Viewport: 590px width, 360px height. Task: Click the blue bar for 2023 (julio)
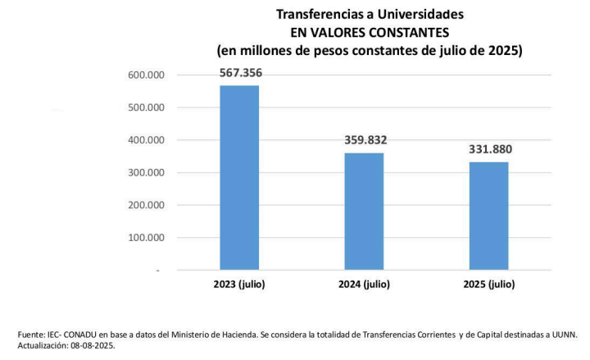pos(239,177)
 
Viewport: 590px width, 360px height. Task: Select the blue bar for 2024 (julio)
pos(364,211)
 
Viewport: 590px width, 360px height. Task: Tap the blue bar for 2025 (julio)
pos(488,216)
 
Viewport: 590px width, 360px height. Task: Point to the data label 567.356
pos(240,73)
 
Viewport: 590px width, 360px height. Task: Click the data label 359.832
pos(365,140)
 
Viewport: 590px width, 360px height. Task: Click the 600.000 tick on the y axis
pos(147,75)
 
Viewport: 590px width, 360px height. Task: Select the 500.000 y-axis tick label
pos(147,107)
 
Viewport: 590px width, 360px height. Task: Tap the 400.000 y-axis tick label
pos(147,140)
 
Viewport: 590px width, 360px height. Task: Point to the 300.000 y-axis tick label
pos(147,173)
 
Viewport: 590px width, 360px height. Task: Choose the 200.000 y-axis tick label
pos(147,206)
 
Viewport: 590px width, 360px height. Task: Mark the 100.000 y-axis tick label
pos(147,238)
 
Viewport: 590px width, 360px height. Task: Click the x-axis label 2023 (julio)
pos(239,285)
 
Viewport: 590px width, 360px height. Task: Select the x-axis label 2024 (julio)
pos(364,285)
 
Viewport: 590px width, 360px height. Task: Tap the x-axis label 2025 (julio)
pos(488,285)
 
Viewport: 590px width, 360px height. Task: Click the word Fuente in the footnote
pos(31,335)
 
